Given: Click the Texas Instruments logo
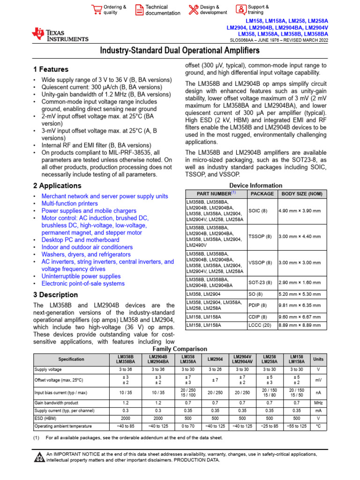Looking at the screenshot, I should pyautogui.click(x=60, y=35).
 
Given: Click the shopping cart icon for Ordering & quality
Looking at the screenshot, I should pyautogui.click(x=97, y=10).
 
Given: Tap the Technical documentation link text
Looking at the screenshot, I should pyautogui.click(x=163, y=10).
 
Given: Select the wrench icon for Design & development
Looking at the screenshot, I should pyautogui.click(x=193, y=10).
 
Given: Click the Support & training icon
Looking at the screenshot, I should pyautogui.click(x=240, y=10).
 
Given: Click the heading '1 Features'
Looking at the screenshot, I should pyautogui.click(x=51, y=69).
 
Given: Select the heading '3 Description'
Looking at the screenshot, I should pyautogui.click(x=56, y=295).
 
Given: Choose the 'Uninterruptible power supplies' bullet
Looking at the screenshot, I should pyautogui.click(x=81, y=276).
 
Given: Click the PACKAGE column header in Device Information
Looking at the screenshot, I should pyautogui.click(x=262, y=194).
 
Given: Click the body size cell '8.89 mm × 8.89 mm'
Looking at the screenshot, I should pyautogui.click(x=300, y=324).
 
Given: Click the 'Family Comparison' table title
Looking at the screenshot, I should pyautogui.click(x=180, y=349).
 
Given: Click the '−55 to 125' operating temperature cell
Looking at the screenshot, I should pyautogui.click(x=296, y=426).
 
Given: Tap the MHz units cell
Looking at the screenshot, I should pyautogui.click(x=318, y=403).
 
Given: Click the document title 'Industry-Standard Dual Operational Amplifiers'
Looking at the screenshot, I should pyautogui.click(x=180, y=51).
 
